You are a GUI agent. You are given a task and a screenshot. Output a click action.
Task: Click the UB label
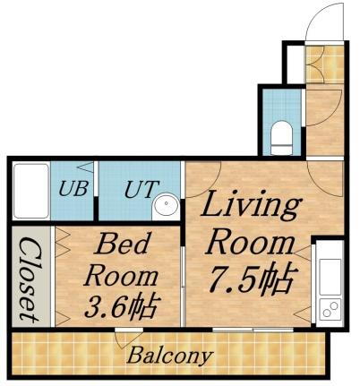(x=73, y=190)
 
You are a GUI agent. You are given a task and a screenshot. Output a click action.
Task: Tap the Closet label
(x=30, y=278)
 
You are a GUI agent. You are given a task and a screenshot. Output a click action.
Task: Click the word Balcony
(x=169, y=356)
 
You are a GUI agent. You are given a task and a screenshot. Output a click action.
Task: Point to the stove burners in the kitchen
(x=329, y=310)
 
